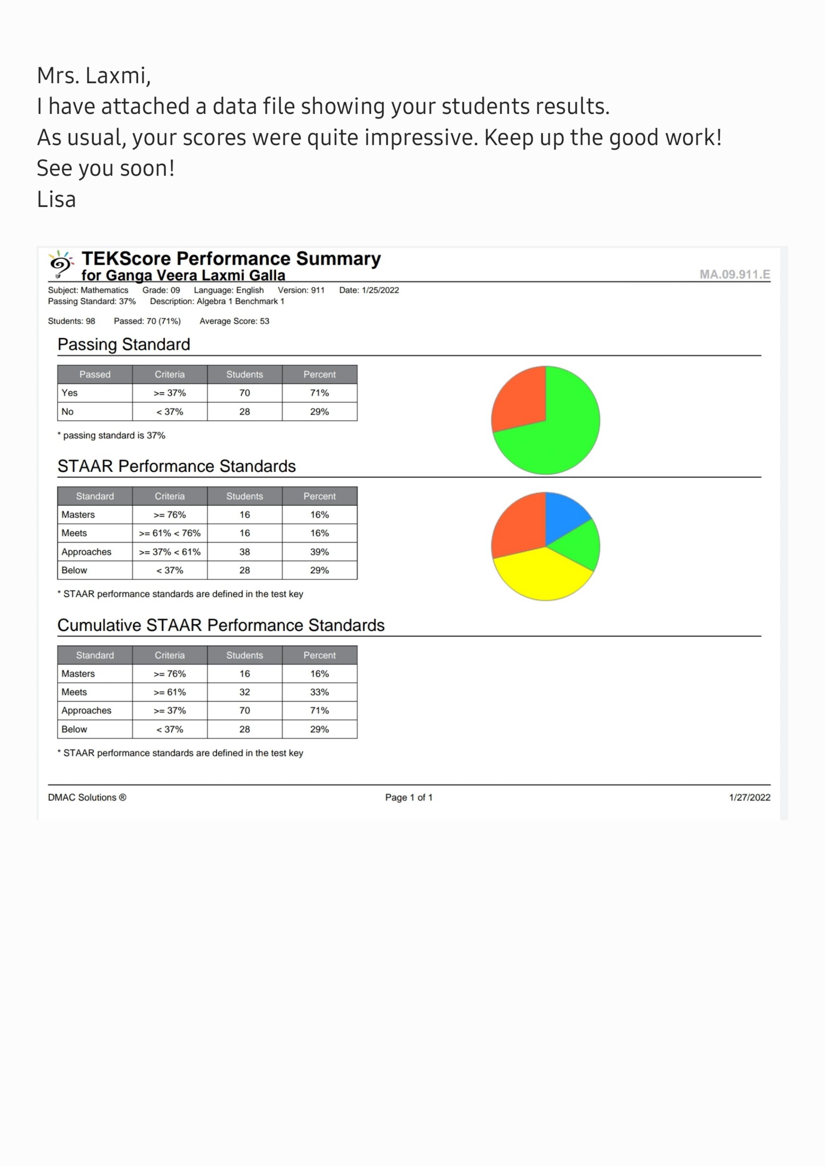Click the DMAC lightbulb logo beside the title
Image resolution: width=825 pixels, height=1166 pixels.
tap(60, 264)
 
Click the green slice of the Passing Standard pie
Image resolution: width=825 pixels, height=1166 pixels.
tap(564, 432)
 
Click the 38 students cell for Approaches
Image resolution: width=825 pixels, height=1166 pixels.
tap(244, 552)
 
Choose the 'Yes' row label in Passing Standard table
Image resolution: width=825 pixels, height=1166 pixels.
tap(70, 393)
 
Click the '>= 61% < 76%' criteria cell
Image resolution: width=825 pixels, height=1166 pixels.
tap(170, 533)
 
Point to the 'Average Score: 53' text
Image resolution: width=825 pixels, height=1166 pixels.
tap(234, 321)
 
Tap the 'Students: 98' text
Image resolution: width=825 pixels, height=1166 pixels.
tap(72, 321)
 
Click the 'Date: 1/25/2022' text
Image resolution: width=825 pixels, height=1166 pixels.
tap(369, 290)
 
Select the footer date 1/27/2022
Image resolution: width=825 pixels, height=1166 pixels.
tap(749, 797)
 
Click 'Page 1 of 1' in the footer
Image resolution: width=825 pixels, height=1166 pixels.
tap(409, 797)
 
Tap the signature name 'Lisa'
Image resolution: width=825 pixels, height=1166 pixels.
tap(56, 199)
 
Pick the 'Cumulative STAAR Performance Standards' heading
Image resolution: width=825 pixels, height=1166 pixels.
tap(221, 625)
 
